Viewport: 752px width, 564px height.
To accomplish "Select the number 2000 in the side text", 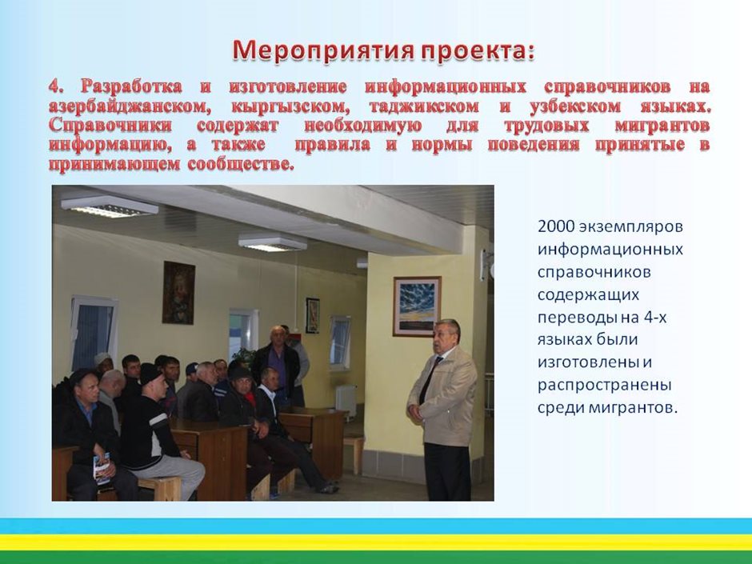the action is (x=556, y=226).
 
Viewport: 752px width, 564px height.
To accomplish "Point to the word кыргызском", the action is (x=287, y=106).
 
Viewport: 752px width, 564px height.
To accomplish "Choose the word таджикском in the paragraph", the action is (x=423, y=106).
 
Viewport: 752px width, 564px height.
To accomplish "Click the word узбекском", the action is (x=575, y=106).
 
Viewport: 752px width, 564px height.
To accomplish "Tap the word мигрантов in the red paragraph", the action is (x=662, y=126).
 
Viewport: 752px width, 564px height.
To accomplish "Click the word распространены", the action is (x=604, y=386).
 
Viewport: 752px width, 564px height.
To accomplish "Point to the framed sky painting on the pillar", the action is (x=417, y=306).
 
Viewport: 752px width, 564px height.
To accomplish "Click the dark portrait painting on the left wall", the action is (x=178, y=293).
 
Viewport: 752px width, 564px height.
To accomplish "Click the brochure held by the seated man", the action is (x=102, y=468).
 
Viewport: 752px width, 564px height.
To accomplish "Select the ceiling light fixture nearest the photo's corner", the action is (x=110, y=206).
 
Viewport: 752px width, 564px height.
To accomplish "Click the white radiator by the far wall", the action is (x=346, y=401).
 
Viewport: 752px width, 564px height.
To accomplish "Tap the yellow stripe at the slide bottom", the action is (x=376, y=542).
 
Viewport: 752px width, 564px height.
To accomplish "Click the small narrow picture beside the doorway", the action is (x=313, y=315).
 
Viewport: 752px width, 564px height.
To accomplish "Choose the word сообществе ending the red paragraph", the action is (x=240, y=164).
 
